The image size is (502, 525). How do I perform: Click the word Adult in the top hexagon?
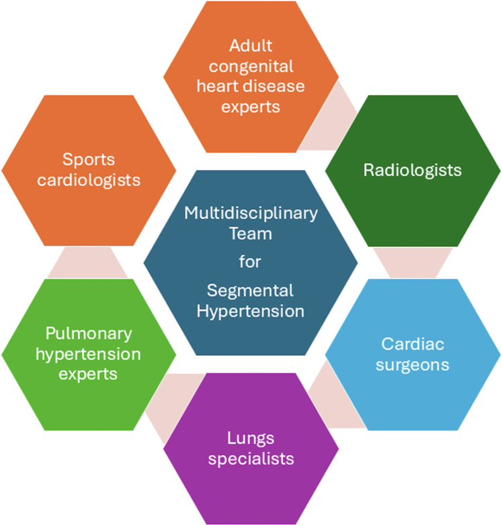point(251,46)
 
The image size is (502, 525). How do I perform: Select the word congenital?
point(251,66)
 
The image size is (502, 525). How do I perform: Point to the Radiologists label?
point(412,170)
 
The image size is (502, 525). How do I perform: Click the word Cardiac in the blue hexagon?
point(412,344)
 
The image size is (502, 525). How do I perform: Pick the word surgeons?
point(412,365)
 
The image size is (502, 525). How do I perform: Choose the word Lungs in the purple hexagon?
point(251,438)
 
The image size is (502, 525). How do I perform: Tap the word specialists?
point(251,459)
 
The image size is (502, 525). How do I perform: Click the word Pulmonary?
point(89,334)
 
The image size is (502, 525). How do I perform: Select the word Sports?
point(89,160)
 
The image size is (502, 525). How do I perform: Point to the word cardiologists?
point(89,180)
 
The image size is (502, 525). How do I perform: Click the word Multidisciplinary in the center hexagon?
point(251,213)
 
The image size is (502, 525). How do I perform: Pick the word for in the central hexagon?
point(251,260)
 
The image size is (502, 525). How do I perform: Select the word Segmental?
point(251,291)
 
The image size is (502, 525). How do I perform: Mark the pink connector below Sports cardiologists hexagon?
point(88,262)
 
